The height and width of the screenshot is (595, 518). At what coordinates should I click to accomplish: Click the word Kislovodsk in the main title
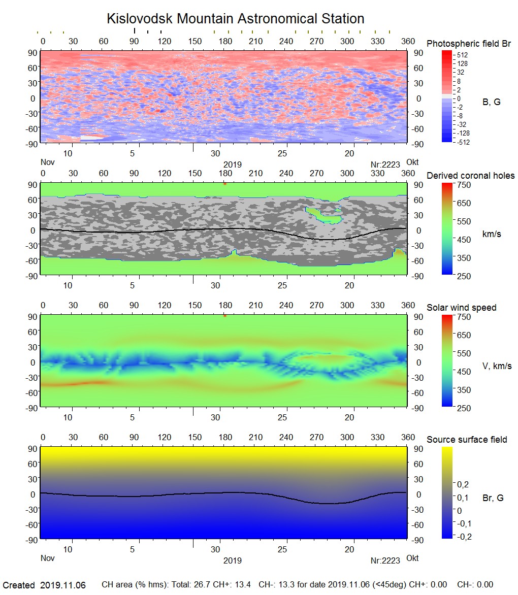coord(139,19)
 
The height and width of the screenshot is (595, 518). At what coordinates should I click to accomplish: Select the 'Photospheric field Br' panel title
coord(469,44)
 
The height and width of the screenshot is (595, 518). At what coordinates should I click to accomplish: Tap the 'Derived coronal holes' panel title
coord(470,176)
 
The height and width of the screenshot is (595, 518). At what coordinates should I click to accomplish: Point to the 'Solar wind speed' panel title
coord(461,308)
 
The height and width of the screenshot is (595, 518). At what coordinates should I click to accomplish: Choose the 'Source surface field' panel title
coord(467,440)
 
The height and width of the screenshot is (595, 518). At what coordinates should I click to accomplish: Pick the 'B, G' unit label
coord(491,102)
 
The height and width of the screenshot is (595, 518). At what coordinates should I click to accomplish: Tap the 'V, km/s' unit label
coord(497,366)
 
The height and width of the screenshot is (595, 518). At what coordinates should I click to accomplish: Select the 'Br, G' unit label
coord(493,498)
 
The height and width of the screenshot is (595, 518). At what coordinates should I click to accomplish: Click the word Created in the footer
coord(19,585)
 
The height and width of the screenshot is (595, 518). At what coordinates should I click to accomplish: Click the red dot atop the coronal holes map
coord(224,183)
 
